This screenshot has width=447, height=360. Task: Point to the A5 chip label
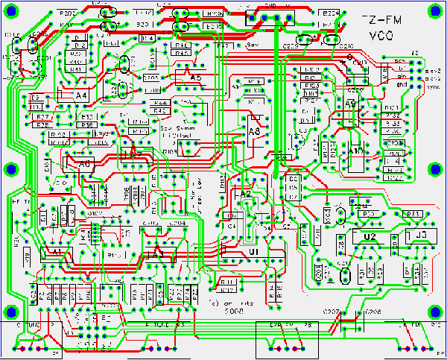196,78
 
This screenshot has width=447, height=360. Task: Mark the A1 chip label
56,253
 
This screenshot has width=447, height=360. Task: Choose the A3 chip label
157,253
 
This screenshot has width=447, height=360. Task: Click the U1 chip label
254,253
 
